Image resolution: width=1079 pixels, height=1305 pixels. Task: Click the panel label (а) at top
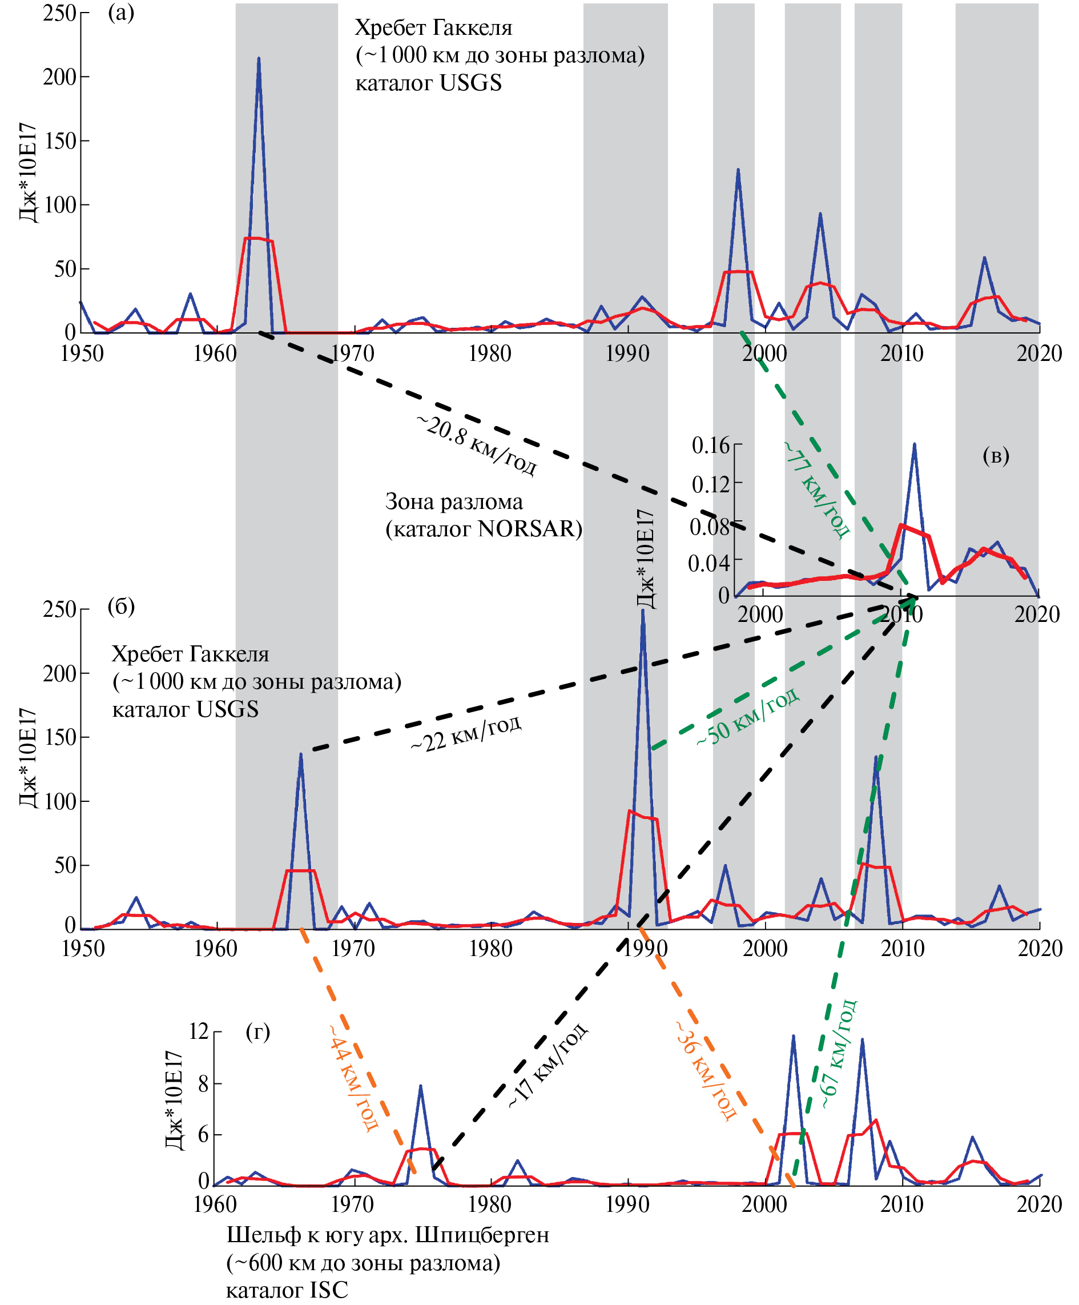(x=121, y=13)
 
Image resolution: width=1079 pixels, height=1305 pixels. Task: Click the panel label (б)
(x=121, y=606)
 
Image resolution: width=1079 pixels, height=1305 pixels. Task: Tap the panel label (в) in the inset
(x=996, y=456)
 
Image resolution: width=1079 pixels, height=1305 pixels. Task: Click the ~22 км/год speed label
(x=466, y=734)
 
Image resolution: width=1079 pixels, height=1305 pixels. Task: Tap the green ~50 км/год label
(x=747, y=716)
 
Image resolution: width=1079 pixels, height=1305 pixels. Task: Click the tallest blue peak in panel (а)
(x=259, y=59)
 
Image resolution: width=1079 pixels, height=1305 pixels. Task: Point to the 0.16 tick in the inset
(x=711, y=445)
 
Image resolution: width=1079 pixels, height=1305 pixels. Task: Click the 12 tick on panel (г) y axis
(x=199, y=1031)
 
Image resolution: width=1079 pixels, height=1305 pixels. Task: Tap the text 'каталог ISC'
(x=287, y=1290)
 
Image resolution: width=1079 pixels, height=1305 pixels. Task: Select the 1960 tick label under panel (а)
(x=215, y=354)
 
